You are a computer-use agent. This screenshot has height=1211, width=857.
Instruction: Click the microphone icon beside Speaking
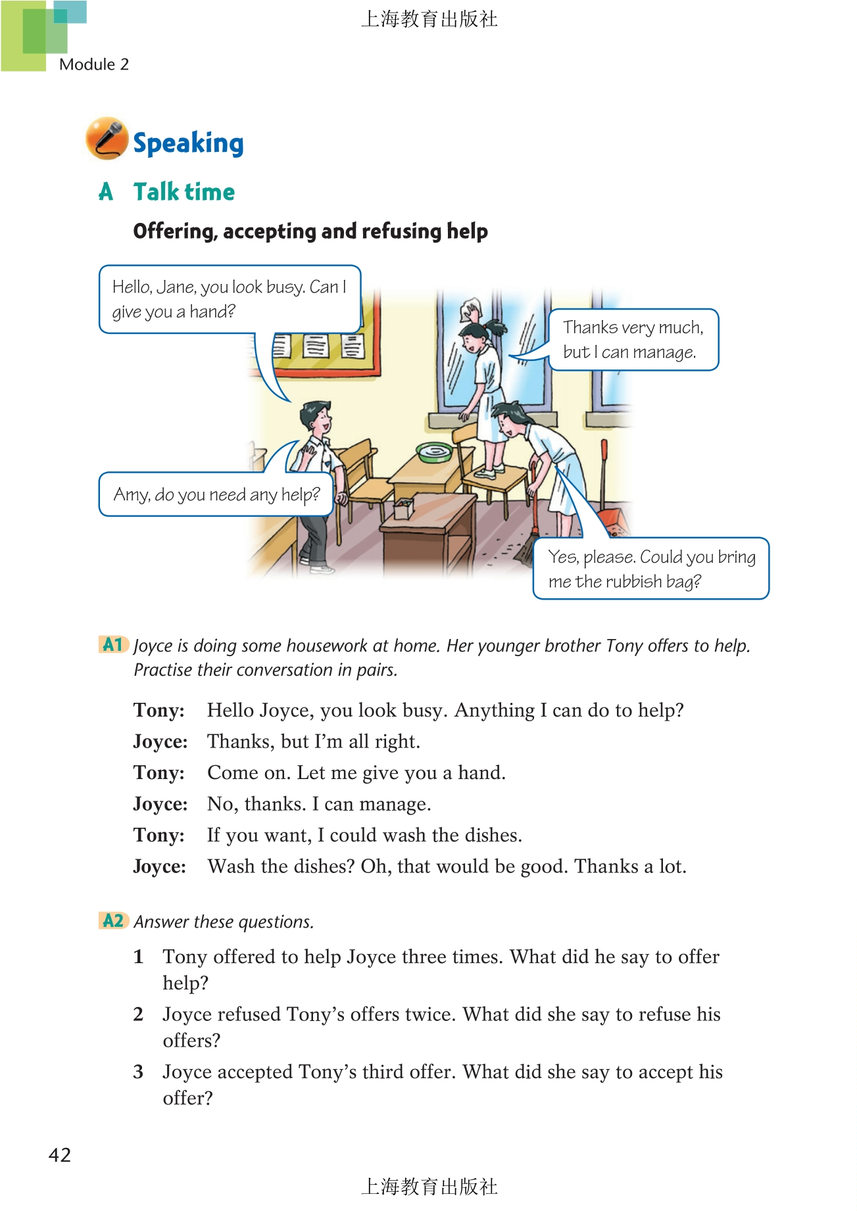(107, 139)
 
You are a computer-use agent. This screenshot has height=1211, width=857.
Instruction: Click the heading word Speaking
(188, 143)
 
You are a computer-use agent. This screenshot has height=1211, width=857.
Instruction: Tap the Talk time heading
(184, 192)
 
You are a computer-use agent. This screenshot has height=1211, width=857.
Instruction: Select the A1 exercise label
(112, 644)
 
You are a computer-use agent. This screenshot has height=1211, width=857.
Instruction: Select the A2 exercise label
(112, 920)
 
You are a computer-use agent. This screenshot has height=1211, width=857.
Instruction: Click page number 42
(59, 1155)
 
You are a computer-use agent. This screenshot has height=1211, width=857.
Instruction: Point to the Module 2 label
(94, 64)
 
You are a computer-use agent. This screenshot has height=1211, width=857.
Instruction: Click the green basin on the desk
(435, 452)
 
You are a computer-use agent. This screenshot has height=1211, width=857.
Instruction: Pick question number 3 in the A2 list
(138, 1072)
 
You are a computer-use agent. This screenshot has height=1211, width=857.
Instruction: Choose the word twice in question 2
(429, 1014)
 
